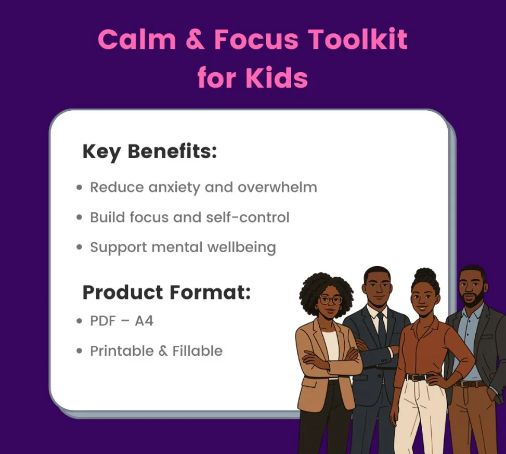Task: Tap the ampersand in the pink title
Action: click(195, 40)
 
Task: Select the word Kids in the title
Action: click(277, 77)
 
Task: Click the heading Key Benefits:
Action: click(150, 151)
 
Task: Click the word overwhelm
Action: click(278, 187)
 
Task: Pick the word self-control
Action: click(248, 217)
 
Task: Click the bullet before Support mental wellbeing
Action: click(80, 248)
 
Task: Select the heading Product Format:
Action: click(166, 292)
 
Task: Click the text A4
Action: click(144, 321)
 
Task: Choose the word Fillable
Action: click(198, 351)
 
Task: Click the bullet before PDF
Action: click(80, 321)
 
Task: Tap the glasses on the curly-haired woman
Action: click(330, 300)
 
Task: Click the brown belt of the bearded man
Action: click(471, 384)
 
